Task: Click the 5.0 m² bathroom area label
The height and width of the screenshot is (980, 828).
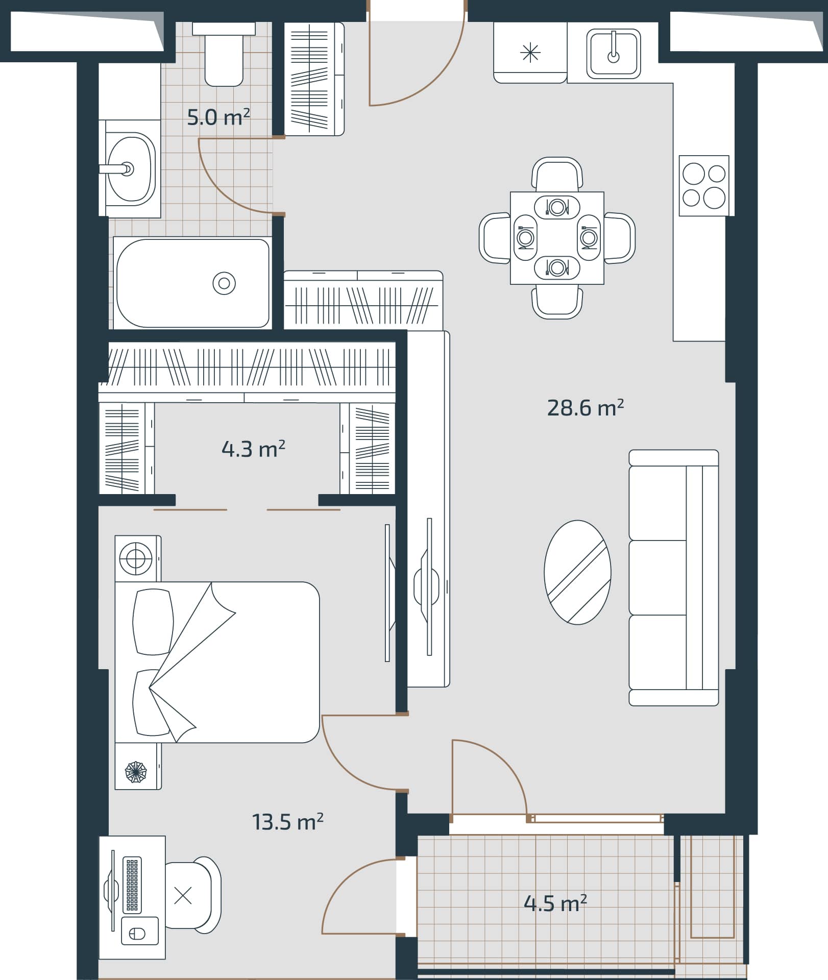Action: [218, 117]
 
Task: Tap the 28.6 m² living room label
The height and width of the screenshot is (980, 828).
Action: [585, 408]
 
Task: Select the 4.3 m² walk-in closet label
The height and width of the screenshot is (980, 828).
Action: [253, 449]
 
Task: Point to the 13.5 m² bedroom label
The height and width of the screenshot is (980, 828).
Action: [287, 822]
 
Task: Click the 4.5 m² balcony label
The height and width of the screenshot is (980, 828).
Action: [555, 903]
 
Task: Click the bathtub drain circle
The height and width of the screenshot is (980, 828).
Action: [224, 283]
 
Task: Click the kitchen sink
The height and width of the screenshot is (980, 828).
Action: [613, 54]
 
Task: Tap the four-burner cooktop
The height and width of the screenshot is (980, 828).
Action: [703, 186]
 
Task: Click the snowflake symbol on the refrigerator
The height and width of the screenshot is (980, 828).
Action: [530, 53]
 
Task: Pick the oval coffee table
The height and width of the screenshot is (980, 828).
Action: [577, 572]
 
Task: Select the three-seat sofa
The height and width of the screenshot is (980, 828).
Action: [673, 578]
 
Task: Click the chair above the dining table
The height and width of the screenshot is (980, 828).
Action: [557, 174]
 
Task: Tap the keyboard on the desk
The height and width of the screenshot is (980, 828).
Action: [132, 885]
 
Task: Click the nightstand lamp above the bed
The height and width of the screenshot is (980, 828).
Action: [136, 558]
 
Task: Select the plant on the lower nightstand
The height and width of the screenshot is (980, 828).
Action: [136, 772]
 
